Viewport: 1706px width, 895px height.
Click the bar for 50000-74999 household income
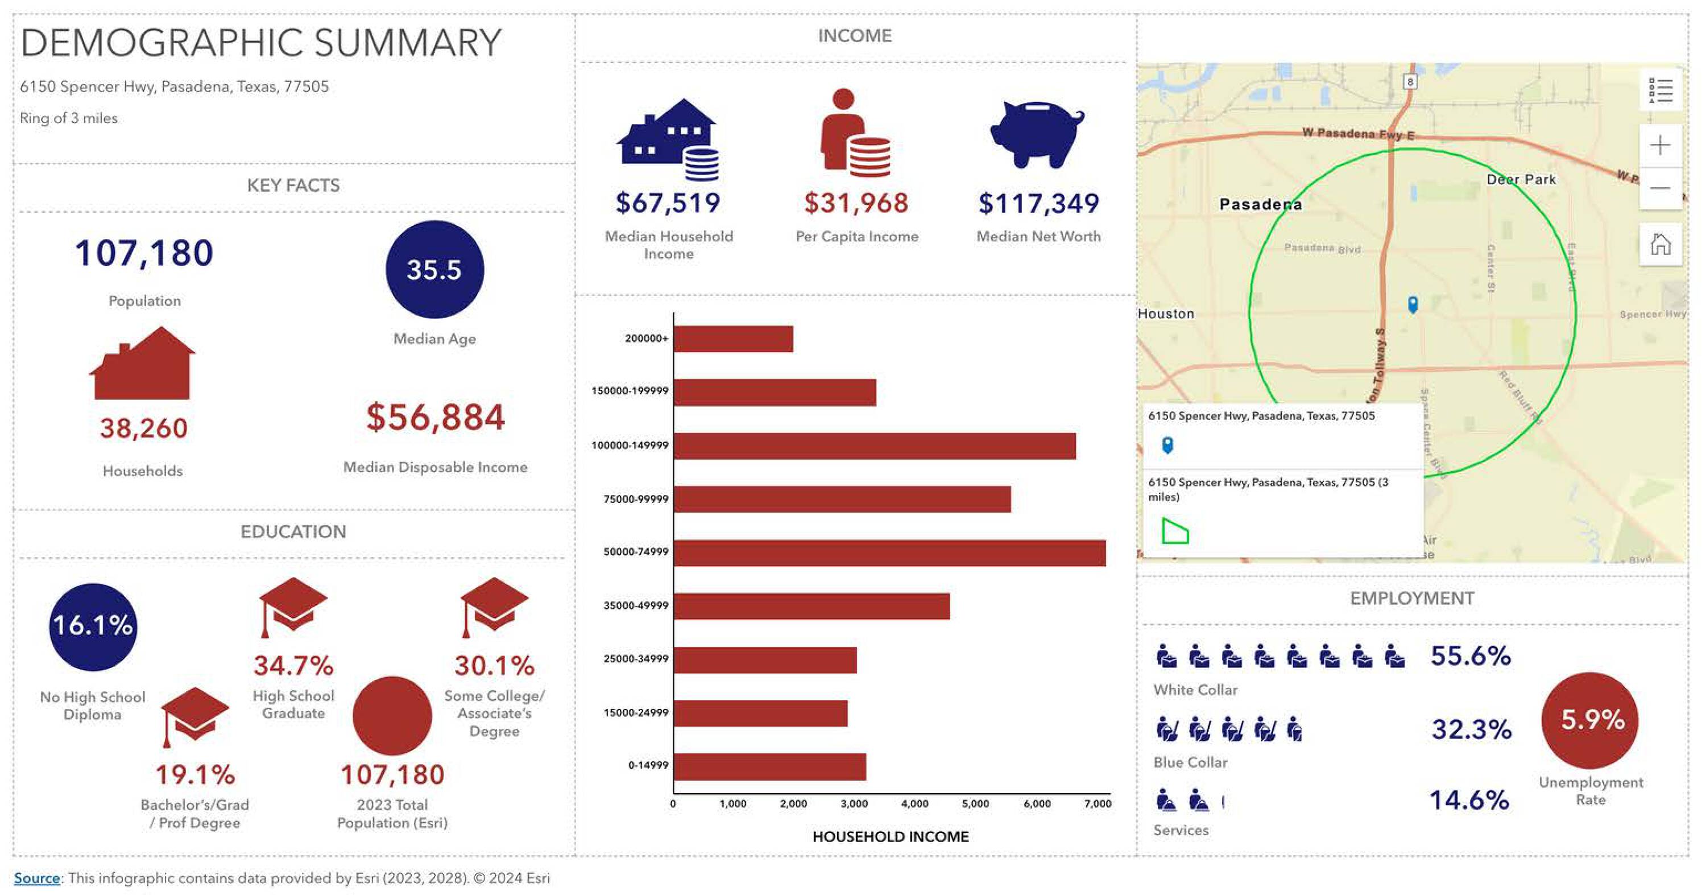click(889, 553)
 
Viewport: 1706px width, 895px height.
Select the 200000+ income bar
click(733, 339)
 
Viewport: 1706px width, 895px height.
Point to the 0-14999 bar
click(769, 767)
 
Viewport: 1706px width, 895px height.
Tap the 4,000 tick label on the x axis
click(914, 803)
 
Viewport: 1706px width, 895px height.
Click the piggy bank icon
click(1037, 133)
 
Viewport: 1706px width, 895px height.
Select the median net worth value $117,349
click(1038, 203)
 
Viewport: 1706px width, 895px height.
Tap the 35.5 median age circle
click(434, 270)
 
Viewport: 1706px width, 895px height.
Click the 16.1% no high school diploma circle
click(93, 626)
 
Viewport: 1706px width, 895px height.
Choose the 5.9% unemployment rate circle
click(1590, 720)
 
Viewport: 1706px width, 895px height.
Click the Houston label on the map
click(1166, 314)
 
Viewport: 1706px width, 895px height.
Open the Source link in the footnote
click(37, 878)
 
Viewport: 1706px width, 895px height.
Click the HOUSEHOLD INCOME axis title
click(890, 837)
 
